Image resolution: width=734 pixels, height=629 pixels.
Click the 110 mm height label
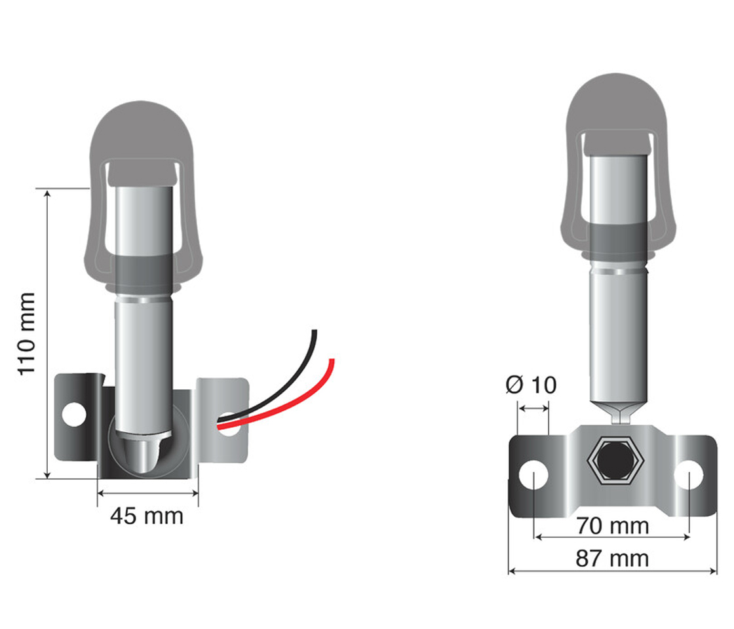tap(26, 334)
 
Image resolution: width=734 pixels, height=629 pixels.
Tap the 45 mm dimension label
tap(147, 516)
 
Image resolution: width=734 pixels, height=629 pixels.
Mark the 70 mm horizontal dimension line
tap(613, 538)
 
